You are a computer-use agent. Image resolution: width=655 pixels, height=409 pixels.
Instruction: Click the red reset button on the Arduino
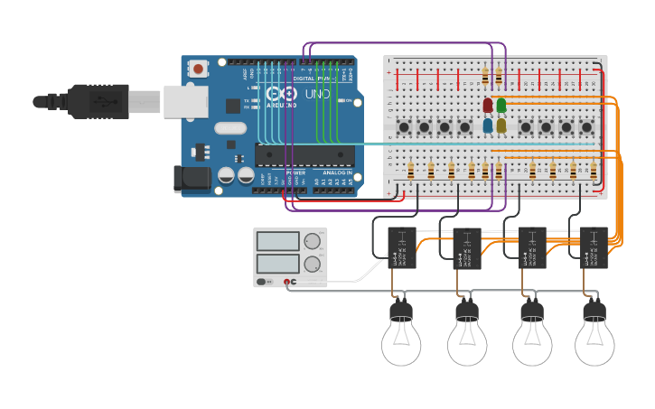tap(198, 68)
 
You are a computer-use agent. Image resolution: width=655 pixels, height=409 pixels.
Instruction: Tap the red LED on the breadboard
tap(488, 106)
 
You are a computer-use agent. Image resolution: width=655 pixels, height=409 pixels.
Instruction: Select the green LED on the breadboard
tap(501, 106)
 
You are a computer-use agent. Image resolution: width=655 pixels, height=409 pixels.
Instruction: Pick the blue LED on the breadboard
tap(488, 125)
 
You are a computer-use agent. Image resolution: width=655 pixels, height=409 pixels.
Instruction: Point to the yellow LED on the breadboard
tap(501, 125)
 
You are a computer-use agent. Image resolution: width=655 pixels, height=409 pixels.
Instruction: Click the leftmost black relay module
tap(402, 247)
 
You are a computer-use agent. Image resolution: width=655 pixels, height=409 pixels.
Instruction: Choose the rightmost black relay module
tap(594, 247)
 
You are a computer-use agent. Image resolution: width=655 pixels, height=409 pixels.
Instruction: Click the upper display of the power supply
tap(278, 241)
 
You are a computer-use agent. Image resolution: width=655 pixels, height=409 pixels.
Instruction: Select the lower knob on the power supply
tap(313, 264)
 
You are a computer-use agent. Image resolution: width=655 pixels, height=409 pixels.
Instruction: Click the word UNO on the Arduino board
tap(317, 95)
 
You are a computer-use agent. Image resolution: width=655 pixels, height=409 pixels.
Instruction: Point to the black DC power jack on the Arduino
tap(192, 179)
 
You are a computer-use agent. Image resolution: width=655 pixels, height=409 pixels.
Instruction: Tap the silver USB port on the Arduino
tap(186, 101)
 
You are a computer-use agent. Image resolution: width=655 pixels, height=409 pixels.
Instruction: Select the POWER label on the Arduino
tap(295, 172)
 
